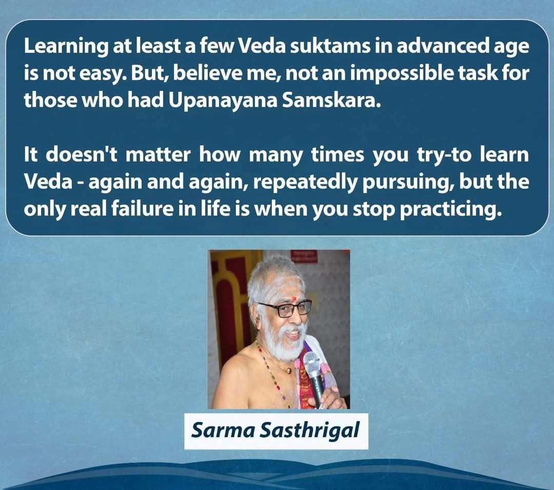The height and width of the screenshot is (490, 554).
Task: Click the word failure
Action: (137, 209)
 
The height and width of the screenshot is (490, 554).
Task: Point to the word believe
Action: (209, 73)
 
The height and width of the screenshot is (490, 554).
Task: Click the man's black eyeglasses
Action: (285, 308)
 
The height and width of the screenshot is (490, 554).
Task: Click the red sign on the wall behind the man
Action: (304, 256)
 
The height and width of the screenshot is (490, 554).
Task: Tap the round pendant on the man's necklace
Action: (289, 370)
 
